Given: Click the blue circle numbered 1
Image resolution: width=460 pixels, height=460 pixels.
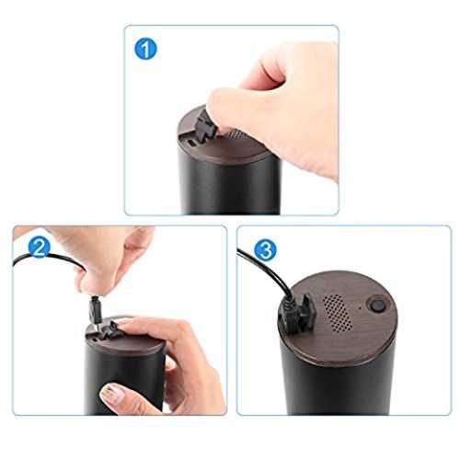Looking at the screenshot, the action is (x=145, y=49).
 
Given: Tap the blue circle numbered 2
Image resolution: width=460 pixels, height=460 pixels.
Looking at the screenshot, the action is (x=39, y=247).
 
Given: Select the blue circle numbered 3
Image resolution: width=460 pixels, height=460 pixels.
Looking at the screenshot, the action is (x=265, y=249).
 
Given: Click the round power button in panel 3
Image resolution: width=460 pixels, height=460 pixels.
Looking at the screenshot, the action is (x=378, y=305).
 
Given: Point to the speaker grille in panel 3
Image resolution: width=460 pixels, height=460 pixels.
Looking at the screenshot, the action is (x=337, y=313).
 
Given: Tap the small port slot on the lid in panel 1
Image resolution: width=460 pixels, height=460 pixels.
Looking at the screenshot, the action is (x=191, y=143).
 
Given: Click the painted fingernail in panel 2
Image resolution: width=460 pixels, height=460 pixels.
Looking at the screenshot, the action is (x=112, y=395).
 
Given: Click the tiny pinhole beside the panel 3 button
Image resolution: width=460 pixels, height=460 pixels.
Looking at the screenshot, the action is (x=360, y=307).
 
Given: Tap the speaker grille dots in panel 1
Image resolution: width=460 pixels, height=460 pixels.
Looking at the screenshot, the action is (x=236, y=134).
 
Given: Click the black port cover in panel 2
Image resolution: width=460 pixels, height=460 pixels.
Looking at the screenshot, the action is (x=109, y=330).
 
